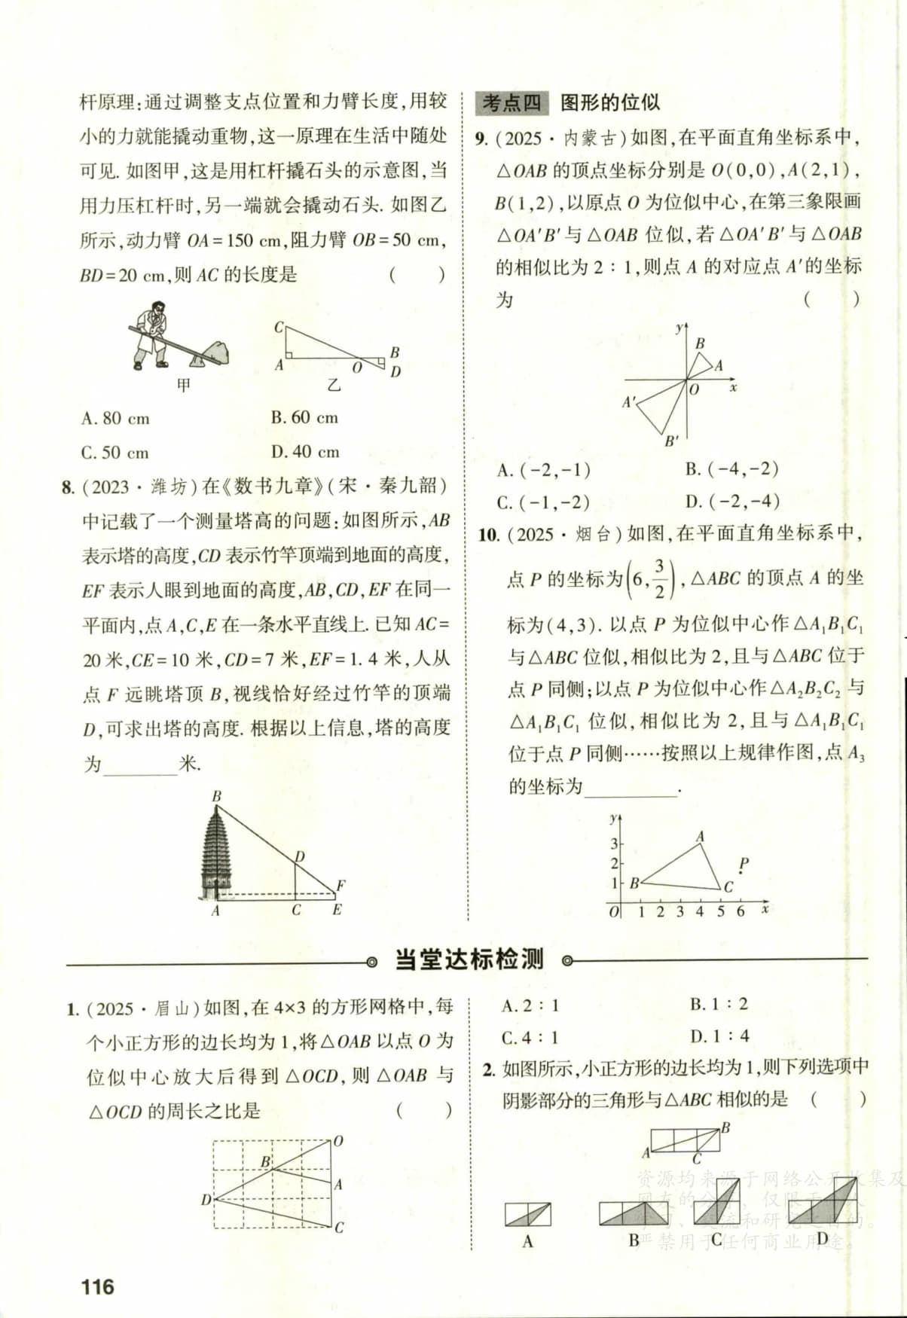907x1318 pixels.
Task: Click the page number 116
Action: (98, 1286)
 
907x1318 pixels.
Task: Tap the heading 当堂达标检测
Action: (469, 960)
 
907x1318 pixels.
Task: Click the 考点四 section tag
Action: (512, 102)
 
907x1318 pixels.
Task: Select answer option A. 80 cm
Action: (115, 418)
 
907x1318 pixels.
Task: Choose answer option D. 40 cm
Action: (305, 452)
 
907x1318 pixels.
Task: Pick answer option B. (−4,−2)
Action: (731, 469)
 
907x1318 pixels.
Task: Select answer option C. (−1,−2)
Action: (543, 502)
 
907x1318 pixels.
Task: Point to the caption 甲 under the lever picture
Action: (183, 385)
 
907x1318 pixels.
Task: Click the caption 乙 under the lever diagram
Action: (334, 385)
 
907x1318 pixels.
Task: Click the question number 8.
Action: (68, 487)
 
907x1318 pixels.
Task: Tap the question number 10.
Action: (489, 535)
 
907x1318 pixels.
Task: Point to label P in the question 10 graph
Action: (744, 863)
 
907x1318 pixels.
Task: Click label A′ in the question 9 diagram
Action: (629, 403)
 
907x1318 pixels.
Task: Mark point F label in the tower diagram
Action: (341, 886)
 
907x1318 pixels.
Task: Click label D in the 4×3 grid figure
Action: (206, 1200)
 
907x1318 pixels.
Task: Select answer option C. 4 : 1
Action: (530, 1038)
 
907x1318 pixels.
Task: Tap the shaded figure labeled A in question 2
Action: (527, 1214)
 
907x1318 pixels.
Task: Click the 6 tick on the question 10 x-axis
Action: (741, 912)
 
